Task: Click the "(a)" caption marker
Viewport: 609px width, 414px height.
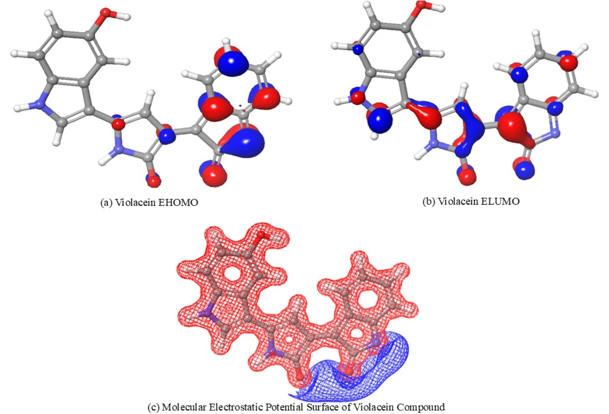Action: coord(106,203)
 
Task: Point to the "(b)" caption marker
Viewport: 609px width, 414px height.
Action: coord(429,201)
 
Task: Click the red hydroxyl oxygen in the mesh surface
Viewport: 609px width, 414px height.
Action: coord(261,235)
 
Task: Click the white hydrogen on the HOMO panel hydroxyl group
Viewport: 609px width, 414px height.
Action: coord(127,16)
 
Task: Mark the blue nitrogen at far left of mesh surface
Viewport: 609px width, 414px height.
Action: coord(206,314)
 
